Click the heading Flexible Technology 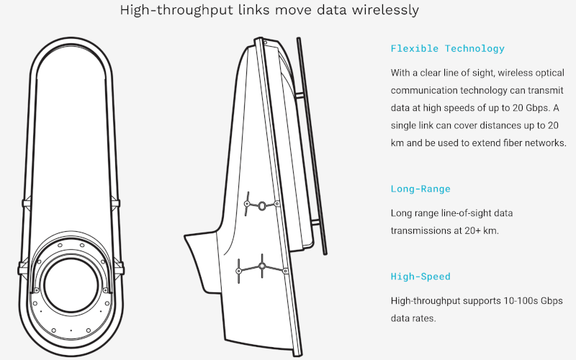click(x=447, y=49)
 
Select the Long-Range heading click(x=420, y=189)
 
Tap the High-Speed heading click(x=420, y=276)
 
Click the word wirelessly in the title click(x=382, y=11)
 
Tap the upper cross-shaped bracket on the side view click(x=262, y=204)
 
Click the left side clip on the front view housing click(x=25, y=204)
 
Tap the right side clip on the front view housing click(x=116, y=204)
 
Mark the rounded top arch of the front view click(x=71, y=45)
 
